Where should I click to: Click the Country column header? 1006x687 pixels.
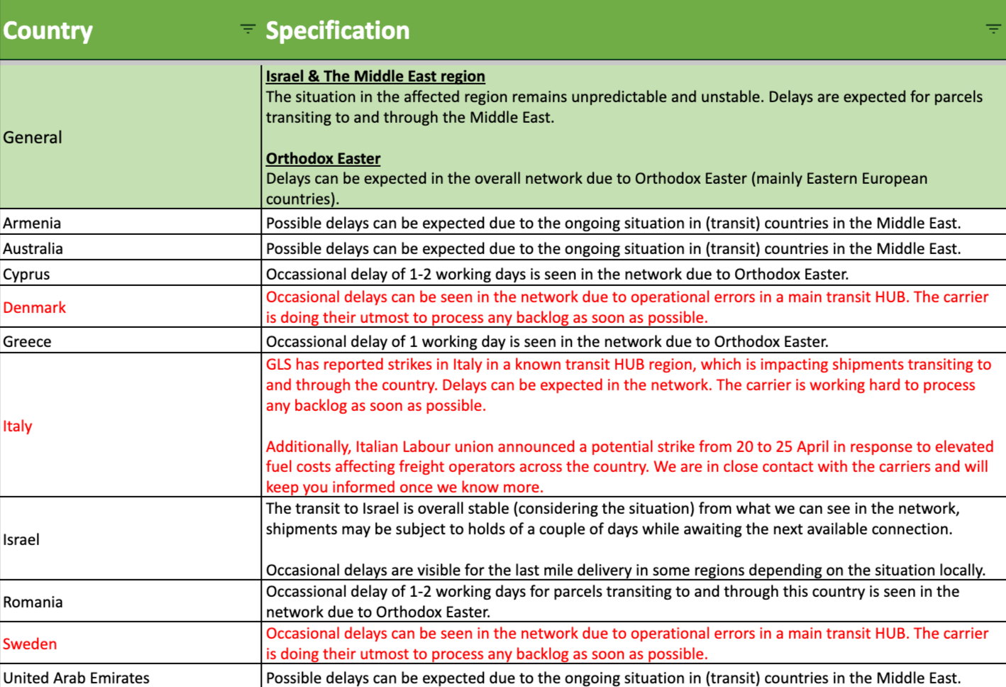coord(48,31)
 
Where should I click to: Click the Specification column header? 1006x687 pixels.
coord(338,31)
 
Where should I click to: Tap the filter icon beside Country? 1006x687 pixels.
coord(248,29)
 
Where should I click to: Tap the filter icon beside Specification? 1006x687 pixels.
coord(993,29)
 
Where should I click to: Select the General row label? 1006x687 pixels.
coord(33,137)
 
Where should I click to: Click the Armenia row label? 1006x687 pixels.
coord(32,223)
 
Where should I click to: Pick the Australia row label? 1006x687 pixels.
coord(33,248)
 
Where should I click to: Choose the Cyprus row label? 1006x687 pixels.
coord(26,274)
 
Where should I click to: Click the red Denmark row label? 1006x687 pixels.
coord(34,307)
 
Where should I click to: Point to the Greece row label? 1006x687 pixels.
coord(27,341)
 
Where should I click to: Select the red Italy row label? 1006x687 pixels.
coord(18,426)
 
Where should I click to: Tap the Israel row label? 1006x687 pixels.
coord(21,539)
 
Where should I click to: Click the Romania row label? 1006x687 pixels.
coord(33,602)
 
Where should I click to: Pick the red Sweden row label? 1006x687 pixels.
coord(30,644)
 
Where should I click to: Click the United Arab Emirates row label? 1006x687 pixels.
coord(76,678)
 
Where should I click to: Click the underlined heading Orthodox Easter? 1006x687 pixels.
coord(323,158)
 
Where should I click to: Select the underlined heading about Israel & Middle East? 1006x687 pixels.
coord(375,76)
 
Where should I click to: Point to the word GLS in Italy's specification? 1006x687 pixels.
coord(279,365)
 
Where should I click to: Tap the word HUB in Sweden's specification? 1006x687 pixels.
coord(890,633)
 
